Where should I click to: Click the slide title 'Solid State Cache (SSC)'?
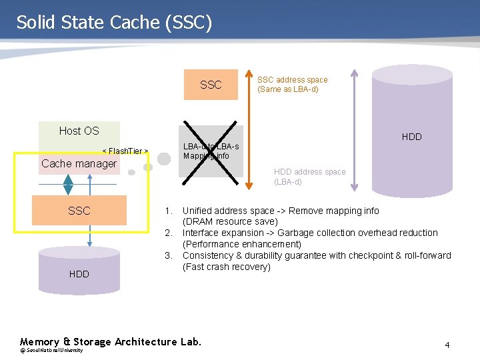point(114,22)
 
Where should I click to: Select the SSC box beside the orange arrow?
point(211,85)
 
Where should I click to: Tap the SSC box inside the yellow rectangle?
point(79,211)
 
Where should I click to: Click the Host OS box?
point(79,131)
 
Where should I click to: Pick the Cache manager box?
point(79,164)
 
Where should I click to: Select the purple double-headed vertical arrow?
point(354,130)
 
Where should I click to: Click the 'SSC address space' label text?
point(292,79)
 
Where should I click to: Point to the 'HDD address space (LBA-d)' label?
point(309,177)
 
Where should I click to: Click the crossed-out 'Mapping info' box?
point(211,151)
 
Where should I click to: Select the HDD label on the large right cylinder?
point(411,137)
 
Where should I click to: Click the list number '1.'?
point(169,211)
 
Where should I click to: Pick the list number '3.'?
point(169,255)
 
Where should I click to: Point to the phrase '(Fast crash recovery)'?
point(226,267)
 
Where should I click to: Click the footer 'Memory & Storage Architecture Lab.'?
point(110,342)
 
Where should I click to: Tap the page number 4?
point(447,345)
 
